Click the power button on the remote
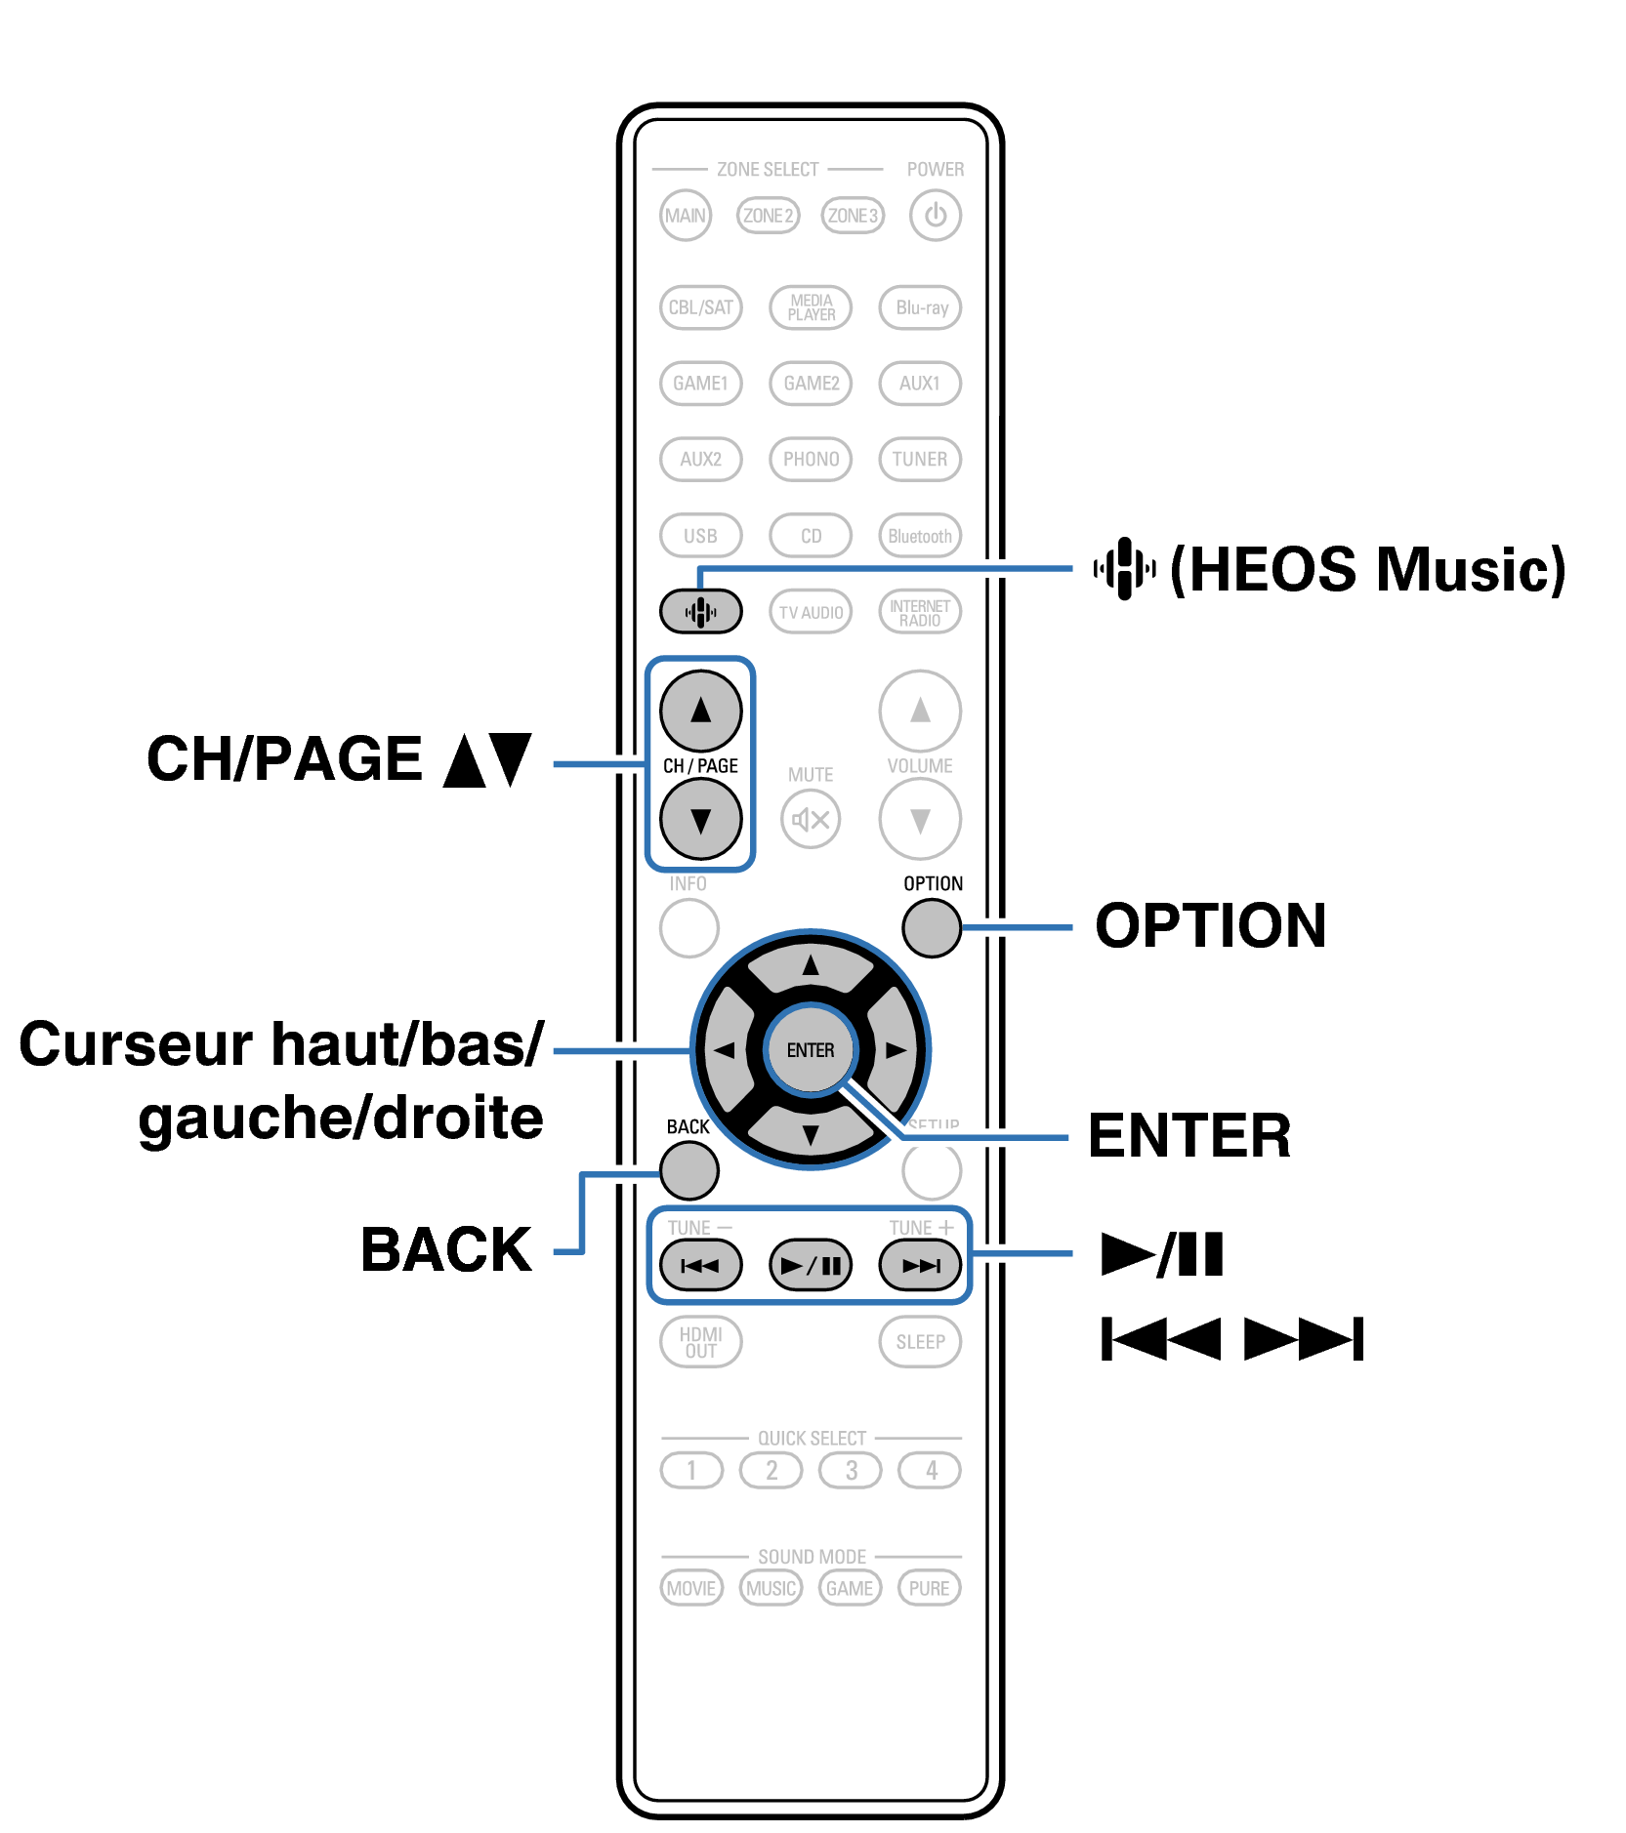point(935,215)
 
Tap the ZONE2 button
point(768,215)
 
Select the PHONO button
point(811,459)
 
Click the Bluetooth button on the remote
point(920,536)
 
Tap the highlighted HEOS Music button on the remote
point(700,612)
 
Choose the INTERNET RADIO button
point(920,612)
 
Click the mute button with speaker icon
point(811,819)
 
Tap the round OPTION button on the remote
point(932,927)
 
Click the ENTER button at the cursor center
point(811,1050)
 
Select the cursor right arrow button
point(895,1050)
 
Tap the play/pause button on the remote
point(811,1266)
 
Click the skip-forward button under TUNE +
point(920,1266)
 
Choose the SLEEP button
point(920,1342)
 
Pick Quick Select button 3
point(851,1470)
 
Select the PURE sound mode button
point(929,1588)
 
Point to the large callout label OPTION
point(1210,925)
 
